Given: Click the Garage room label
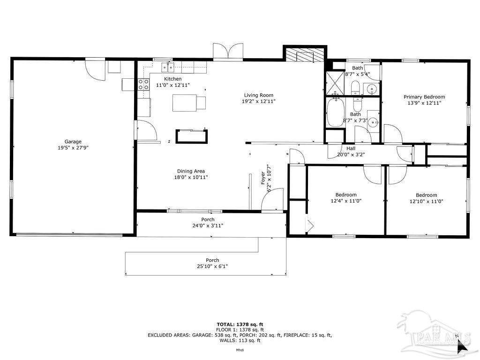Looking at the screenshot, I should tap(73, 142).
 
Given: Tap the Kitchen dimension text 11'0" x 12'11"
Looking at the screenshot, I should tap(173, 85).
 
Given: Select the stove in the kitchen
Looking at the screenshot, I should tap(143, 84).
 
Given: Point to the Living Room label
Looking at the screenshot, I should tap(258, 95).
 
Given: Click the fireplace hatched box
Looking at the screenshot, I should tap(305, 55).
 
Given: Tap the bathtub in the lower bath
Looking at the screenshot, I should tap(335, 113).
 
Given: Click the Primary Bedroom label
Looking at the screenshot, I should tap(424, 97).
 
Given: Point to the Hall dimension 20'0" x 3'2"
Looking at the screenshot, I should tap(351, 155).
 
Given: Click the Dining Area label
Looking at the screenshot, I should tap(191, 171).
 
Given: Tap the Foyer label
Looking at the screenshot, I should tap(263, 178).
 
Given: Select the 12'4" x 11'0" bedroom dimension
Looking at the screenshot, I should tap(346, 201).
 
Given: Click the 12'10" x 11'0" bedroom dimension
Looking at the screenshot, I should tap(426, 202).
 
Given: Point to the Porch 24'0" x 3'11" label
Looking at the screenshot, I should tap(208, 225).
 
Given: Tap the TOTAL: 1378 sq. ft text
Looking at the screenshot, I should tap(240, 324).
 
